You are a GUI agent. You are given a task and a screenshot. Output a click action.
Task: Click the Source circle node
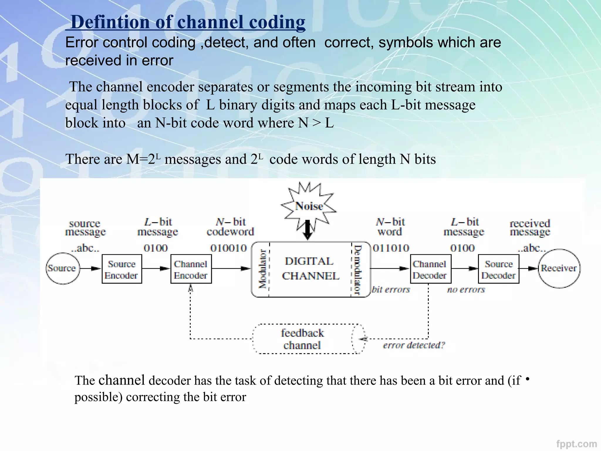coord(63,268)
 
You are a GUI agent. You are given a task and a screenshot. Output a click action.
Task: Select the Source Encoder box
coord(122,269)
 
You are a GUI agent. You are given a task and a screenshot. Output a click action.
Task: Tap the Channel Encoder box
coord(191,269)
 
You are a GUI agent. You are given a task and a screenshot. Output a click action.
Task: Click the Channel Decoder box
coord(431,269)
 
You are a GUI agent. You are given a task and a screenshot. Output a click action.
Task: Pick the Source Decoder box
coord(499,269)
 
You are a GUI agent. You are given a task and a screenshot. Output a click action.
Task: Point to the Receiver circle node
coord(559,268)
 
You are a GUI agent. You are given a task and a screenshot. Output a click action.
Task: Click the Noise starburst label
coord(309,206)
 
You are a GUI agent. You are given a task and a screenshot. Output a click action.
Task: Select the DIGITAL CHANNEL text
coord(310,268)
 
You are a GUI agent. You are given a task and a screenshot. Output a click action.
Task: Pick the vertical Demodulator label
coord(357,270)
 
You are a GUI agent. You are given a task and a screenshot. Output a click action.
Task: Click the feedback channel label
coord(302,339)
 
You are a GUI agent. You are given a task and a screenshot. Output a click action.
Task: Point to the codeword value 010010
coord(229,248)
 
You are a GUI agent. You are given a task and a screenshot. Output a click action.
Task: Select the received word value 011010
coord(391,248)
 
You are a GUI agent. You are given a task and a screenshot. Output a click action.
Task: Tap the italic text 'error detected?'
coord(414,345)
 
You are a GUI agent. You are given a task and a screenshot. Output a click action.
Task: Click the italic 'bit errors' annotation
coord(391,290)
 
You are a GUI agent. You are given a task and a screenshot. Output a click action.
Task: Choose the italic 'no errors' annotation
coord(466,290)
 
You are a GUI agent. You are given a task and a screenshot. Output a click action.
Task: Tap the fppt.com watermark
coord(576,444)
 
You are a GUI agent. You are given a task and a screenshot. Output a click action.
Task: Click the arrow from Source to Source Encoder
coord(90,268)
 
